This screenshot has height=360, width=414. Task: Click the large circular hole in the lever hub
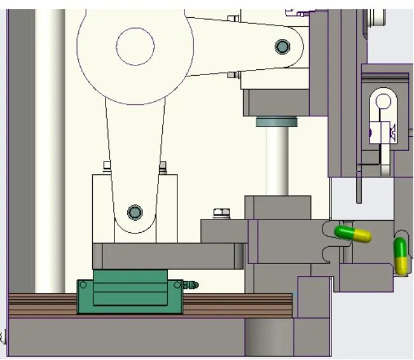(x=135, y=45)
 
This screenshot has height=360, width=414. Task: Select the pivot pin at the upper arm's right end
(x=282, y=46)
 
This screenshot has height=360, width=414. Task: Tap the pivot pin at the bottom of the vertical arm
(x=134, y=212)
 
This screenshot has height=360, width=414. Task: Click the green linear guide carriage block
(x=130, y=296)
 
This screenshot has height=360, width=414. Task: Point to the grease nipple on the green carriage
(x=191, y=285)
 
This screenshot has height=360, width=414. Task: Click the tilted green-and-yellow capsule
(x=353, y=233)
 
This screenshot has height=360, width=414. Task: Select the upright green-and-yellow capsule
(x=401, y=255)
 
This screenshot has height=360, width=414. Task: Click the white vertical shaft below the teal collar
(x=277, y=159)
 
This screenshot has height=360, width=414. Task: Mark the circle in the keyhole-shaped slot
(x=383, y=100)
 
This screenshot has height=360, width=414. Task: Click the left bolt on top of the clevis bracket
(x=107, y=167)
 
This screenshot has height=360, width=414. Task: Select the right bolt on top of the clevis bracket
(x=163, y=167)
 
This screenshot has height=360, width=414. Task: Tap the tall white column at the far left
(x=50, y=146)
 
